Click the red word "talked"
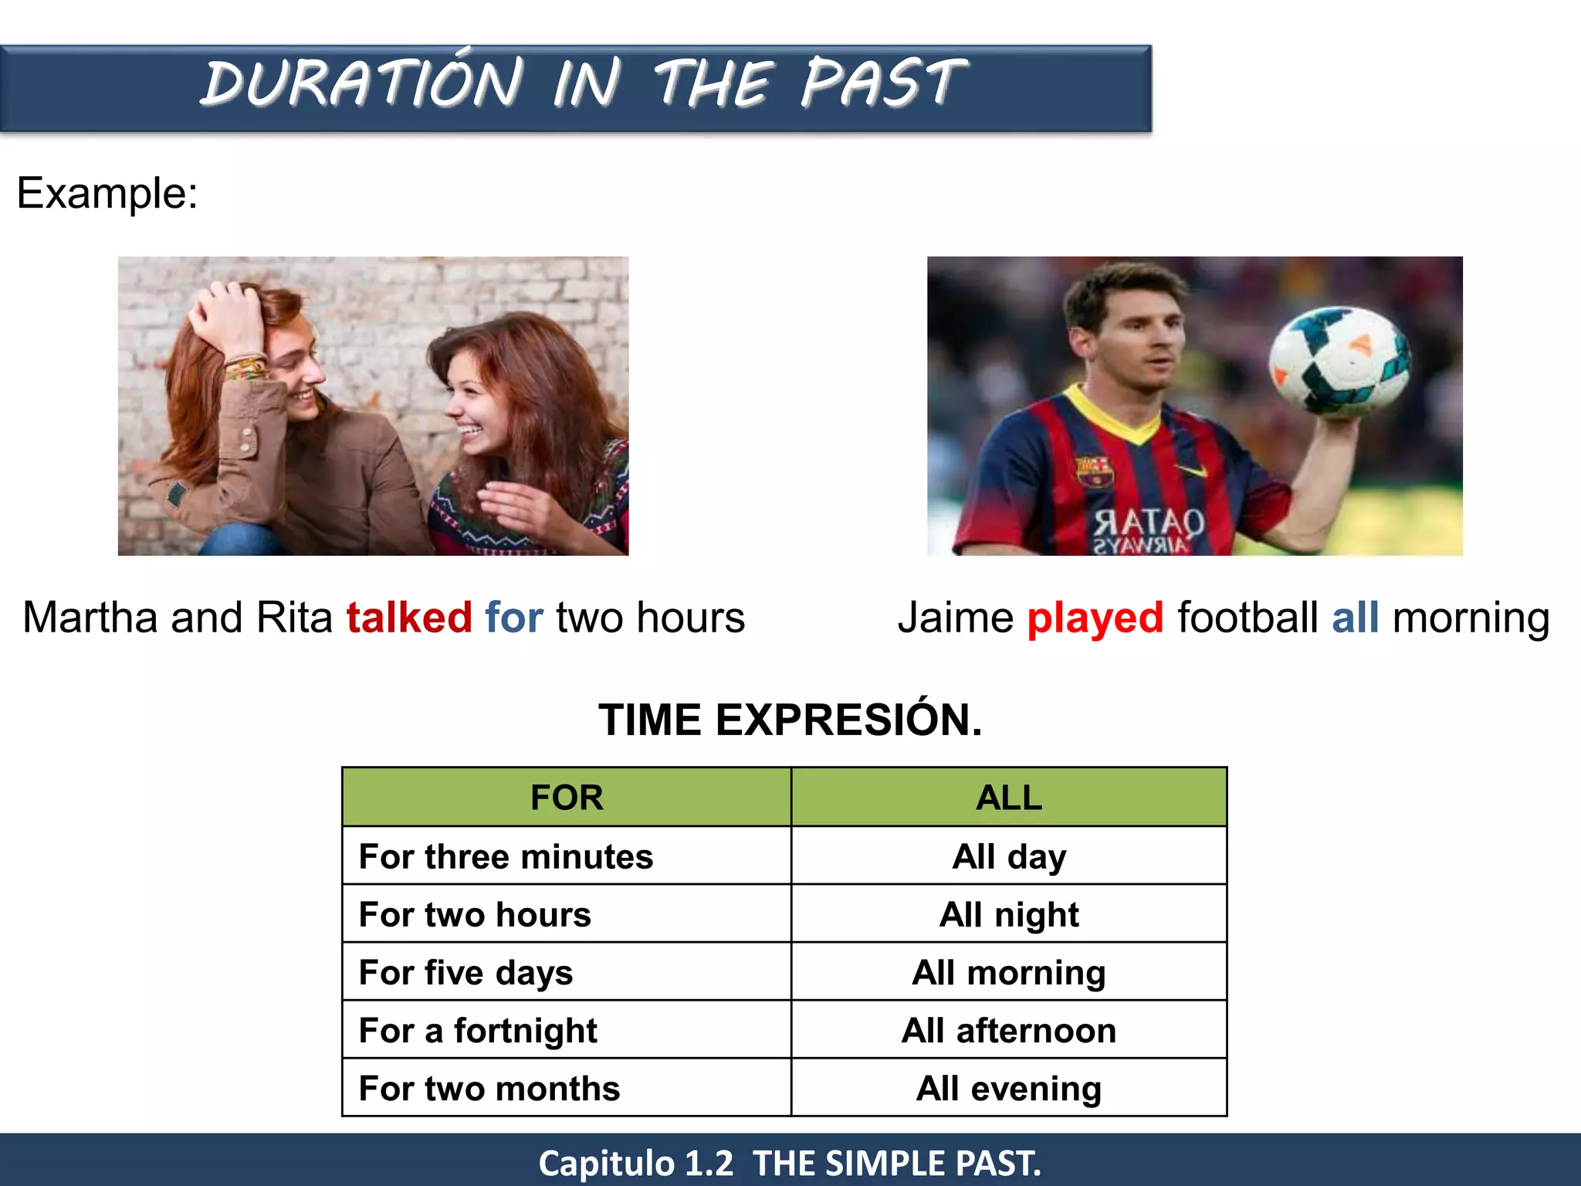click(408, 618)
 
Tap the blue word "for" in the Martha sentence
click(513, 618)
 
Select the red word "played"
click(1095, 618)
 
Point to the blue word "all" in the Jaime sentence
click(1355, 618)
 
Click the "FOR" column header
click(567, 798)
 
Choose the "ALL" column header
click(1009, 798)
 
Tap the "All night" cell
click(1009, 914)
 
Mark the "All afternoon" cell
click(1009, 1030)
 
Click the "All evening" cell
click(1009, 1088)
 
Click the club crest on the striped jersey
click(1094, 470)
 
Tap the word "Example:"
click(107, 193)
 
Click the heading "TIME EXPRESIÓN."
click(790, 720)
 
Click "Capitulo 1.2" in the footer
click(635, 1163)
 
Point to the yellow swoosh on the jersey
click(1190, 470)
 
